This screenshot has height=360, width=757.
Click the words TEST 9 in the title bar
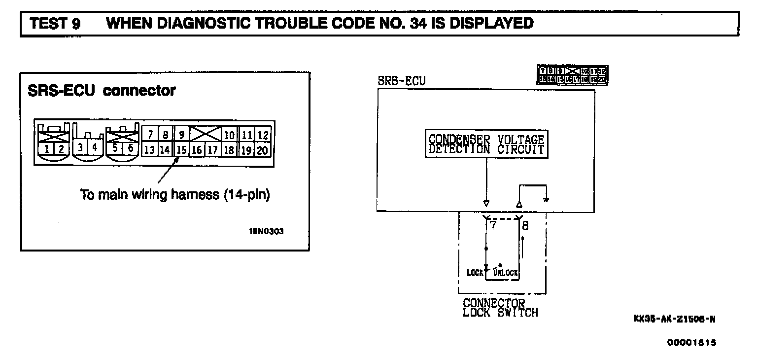55,24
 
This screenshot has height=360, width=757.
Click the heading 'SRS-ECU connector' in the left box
102,91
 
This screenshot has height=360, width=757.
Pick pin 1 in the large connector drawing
46,148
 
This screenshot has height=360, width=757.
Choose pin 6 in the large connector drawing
131,147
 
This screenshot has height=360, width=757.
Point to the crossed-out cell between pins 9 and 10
205,134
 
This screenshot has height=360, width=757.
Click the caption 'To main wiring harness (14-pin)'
174,195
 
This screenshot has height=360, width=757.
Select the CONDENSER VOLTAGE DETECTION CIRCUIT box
486,144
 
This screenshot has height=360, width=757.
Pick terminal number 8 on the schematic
524,225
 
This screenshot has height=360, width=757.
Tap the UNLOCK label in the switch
506,273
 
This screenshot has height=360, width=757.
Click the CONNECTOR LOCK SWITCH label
500,307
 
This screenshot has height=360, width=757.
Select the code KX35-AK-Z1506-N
674,319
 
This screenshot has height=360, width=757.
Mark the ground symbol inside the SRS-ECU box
546,201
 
